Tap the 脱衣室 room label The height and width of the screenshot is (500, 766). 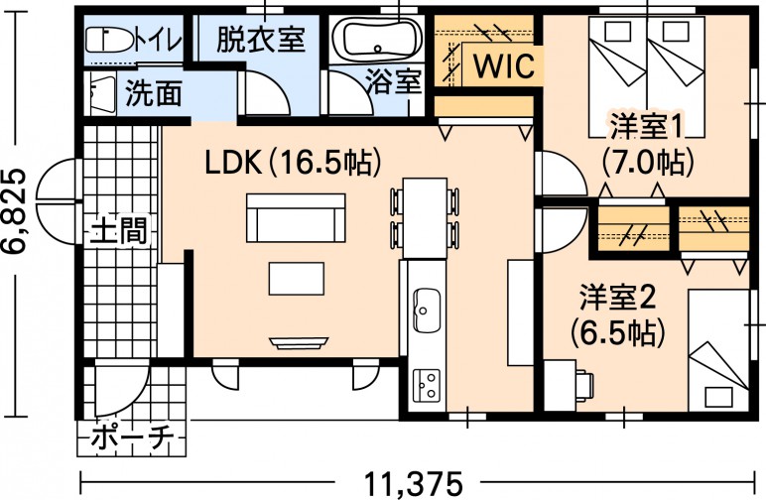click(x=260, y=41)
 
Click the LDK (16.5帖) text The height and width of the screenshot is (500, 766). click(x=293, y=161)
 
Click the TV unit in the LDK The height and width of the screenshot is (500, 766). click(x=298, y=342)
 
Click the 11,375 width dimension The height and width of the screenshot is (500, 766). click(x=414, y=484)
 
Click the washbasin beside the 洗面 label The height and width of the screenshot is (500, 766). click(x=100, y=94)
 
